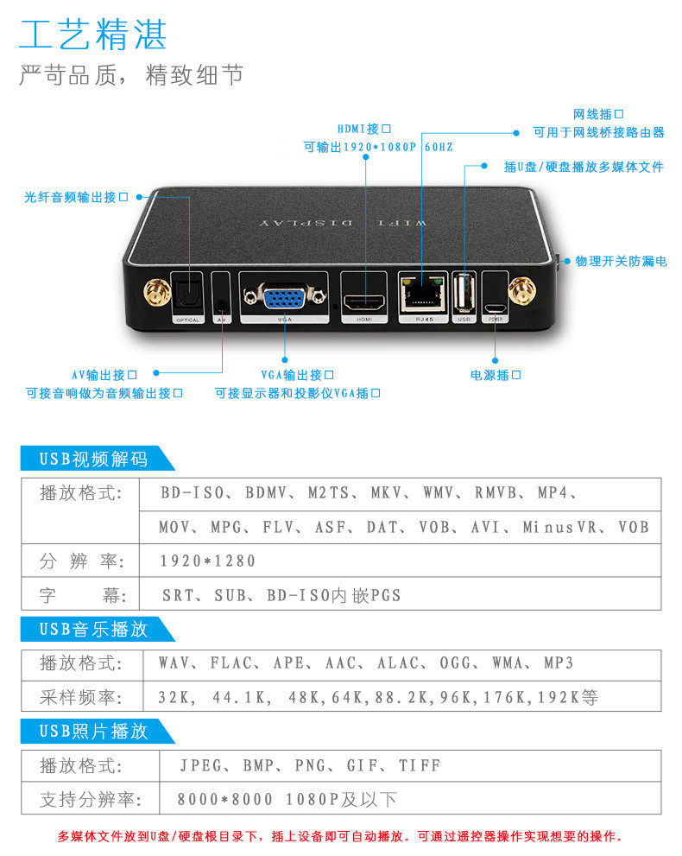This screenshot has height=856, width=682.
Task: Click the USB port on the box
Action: coord(464,294)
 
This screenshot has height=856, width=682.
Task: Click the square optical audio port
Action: coord(186,297)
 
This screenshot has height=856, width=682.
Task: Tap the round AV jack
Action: coord(223,304)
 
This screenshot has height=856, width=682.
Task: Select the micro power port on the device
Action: coord(496,306)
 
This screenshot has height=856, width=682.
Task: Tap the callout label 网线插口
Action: coord(597,114)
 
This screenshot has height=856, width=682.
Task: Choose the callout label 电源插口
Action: coord(496,375)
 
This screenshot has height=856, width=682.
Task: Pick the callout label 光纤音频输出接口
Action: coord(76,197)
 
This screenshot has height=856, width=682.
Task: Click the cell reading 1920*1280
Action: coord(208,561)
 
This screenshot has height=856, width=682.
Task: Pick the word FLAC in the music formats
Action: coord(232,663)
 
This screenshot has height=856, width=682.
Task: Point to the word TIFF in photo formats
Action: coord(420,765)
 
